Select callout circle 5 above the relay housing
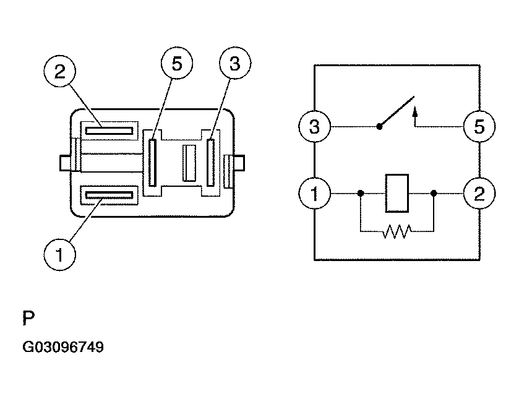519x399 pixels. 177,65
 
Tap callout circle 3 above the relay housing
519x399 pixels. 234,64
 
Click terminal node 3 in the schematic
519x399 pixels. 314,128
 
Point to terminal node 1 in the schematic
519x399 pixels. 314,194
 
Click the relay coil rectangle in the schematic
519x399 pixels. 396,194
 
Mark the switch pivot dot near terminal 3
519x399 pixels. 379,128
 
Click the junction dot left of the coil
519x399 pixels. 360,194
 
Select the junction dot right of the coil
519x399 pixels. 434,194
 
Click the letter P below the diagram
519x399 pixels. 28,319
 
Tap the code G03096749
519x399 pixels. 63,348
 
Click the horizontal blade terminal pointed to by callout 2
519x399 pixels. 109,131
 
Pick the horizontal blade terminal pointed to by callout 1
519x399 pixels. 109,195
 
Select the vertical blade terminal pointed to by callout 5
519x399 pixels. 152,162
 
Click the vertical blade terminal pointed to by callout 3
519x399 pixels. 211,162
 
